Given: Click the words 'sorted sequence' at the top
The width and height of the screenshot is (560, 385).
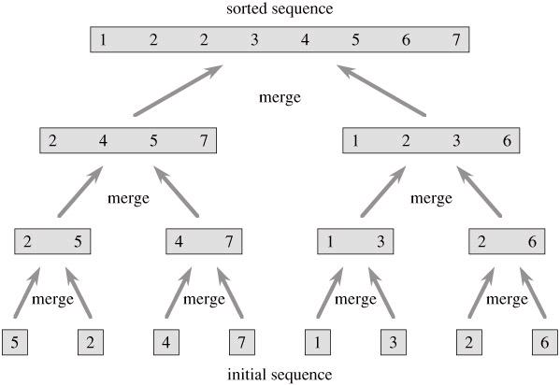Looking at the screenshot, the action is [x=280, y=9].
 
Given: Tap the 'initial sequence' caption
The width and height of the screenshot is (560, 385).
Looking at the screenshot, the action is [x=280, y=375].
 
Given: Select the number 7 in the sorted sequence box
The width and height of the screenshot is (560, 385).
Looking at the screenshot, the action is [x=456, y=39].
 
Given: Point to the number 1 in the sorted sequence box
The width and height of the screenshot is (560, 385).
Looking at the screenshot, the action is [x=103, y=39].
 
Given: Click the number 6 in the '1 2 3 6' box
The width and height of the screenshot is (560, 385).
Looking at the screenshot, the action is [x=507, y=141].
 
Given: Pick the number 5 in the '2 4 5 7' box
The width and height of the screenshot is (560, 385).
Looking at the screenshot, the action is [x=153, y=141].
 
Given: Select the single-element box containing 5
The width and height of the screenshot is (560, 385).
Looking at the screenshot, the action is [x=15, y=342].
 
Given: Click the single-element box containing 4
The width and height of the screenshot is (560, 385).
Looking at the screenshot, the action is [x=166, y=342].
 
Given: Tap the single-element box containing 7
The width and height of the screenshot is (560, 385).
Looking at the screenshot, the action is [x=242, y=342].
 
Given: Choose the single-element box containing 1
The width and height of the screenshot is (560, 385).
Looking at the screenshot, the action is [x=318, y=342].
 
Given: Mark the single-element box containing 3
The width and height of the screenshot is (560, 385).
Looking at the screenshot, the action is [x=394, y=342].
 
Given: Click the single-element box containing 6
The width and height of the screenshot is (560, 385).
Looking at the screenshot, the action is [x=545, y=342].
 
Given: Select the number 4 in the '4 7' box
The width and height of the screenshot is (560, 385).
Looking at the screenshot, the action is [x=179, y=241].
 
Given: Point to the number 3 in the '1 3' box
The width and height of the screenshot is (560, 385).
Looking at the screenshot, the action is [x=381, y=241].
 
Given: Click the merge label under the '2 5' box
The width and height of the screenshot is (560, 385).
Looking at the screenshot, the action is [x=52, y=299].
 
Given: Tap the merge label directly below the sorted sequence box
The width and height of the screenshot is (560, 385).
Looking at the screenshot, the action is [x=280, y=97].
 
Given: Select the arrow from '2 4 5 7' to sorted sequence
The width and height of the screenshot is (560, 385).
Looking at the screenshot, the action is [x=178, y=91].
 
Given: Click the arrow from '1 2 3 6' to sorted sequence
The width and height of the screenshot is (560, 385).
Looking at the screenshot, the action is [x=381, y=91].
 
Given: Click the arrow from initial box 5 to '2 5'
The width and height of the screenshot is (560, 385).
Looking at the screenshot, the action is [x=27, y=292].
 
